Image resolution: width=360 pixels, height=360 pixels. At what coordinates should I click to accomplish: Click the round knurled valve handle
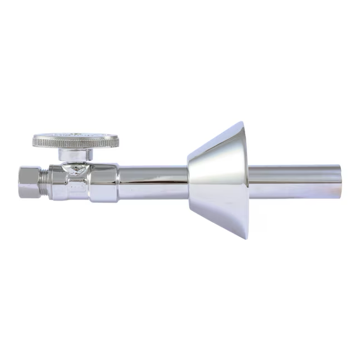point(75,142)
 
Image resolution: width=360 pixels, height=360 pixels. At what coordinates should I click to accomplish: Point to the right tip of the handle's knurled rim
point(118,141)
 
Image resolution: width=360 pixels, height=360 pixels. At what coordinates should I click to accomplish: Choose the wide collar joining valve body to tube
point(104,182)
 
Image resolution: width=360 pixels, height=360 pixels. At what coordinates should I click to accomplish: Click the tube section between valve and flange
point(153,182)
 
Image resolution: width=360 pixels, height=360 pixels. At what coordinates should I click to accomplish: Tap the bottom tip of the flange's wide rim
point(245,238)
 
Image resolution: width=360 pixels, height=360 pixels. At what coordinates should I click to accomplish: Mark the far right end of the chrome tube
point(340,182)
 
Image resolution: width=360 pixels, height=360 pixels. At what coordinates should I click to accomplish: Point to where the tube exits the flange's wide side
point(249,182)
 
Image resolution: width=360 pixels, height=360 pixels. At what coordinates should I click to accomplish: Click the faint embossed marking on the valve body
point(78,184)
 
